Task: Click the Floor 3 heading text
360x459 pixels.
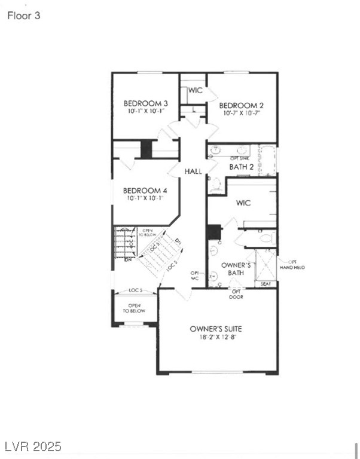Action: coord(24,16)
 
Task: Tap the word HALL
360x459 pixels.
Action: coord(193,172)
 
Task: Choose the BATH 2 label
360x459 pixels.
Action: coord(241,167)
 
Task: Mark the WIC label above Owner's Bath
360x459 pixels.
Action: coord(243,203)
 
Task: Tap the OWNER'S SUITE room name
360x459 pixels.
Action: coord(216,329)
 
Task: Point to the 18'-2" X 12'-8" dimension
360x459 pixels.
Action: coord(216,337)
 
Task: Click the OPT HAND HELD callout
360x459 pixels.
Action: coord(296,265)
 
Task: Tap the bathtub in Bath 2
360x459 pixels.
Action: coord(267,160)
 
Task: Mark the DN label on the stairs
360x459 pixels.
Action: coord(128,259)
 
